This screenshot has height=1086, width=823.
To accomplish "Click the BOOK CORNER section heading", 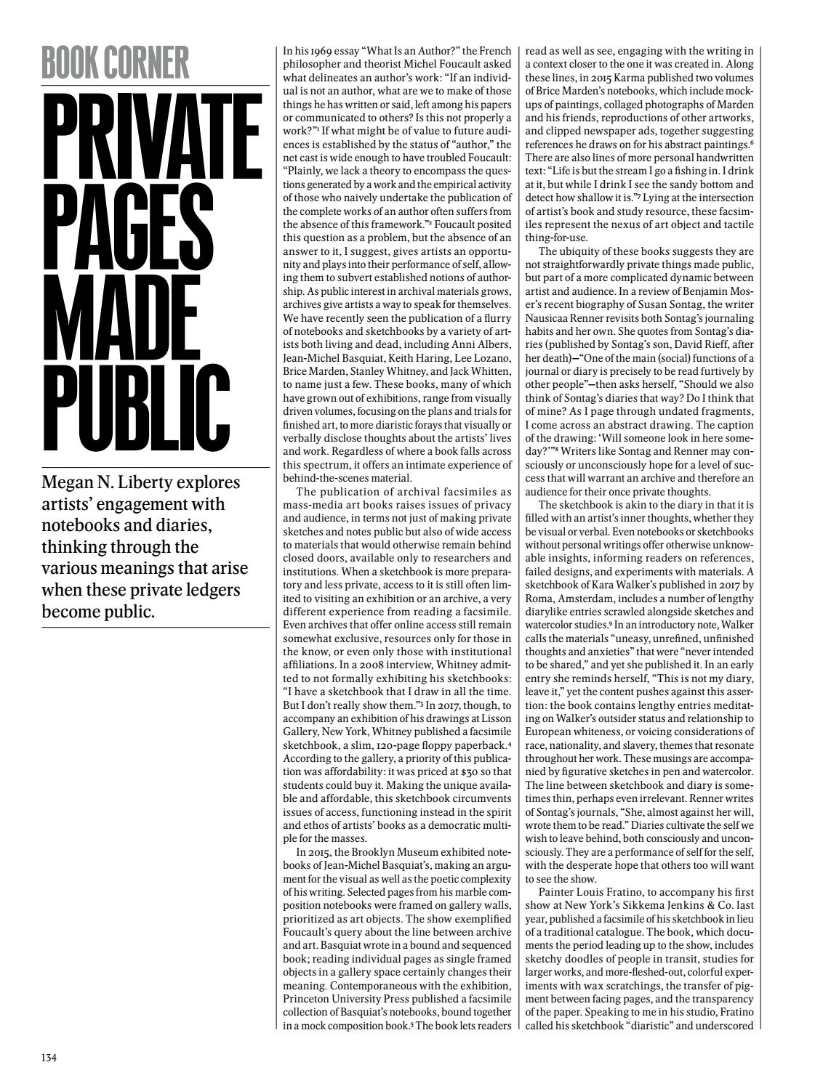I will [116, 63].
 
